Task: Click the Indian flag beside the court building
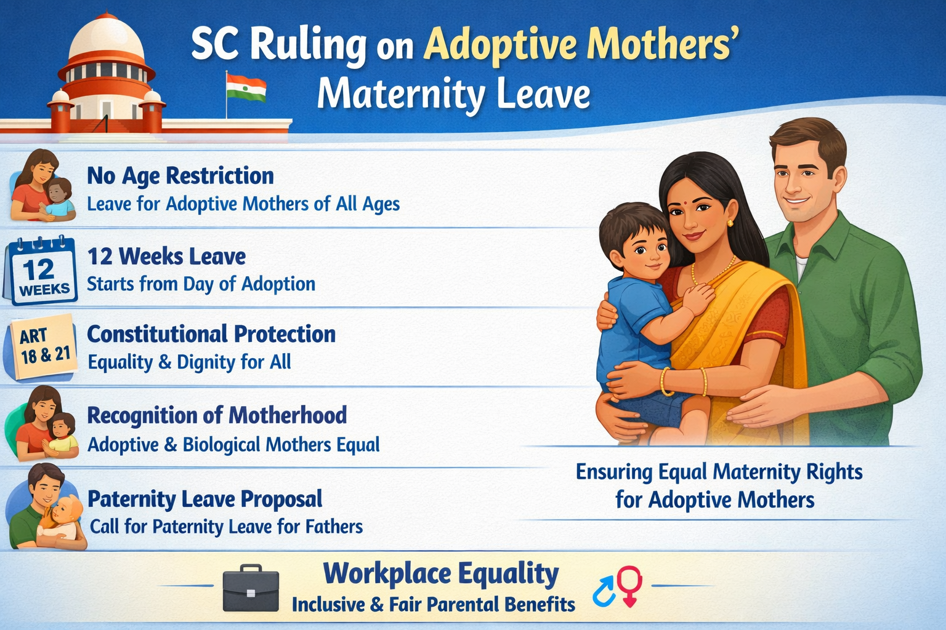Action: pyautogui.click(x=246, y=88)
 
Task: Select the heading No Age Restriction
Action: pyautogui.click(x=180, y=175)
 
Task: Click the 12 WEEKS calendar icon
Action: pyautogui.click(x=41, y=270)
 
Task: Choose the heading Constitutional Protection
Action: pyautogui.click(x=211, y=334)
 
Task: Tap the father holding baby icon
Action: pyautogui.click(x=46, y=506)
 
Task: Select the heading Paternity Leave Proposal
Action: pyautogui.click(x=205, y=499)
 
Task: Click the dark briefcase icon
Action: pyautogui.click(x=251, y=588)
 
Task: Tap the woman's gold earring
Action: pyautogui.click(x=730, y=222)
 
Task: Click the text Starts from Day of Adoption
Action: pyautogui.click(x=201, y=284)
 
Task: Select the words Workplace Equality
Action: pyautogui.click(x=441, y=575)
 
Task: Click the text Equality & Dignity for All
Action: pyautogui.click(x=189, y=362)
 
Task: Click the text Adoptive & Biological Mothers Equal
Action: pyautogui.click(x=233, y=445)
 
